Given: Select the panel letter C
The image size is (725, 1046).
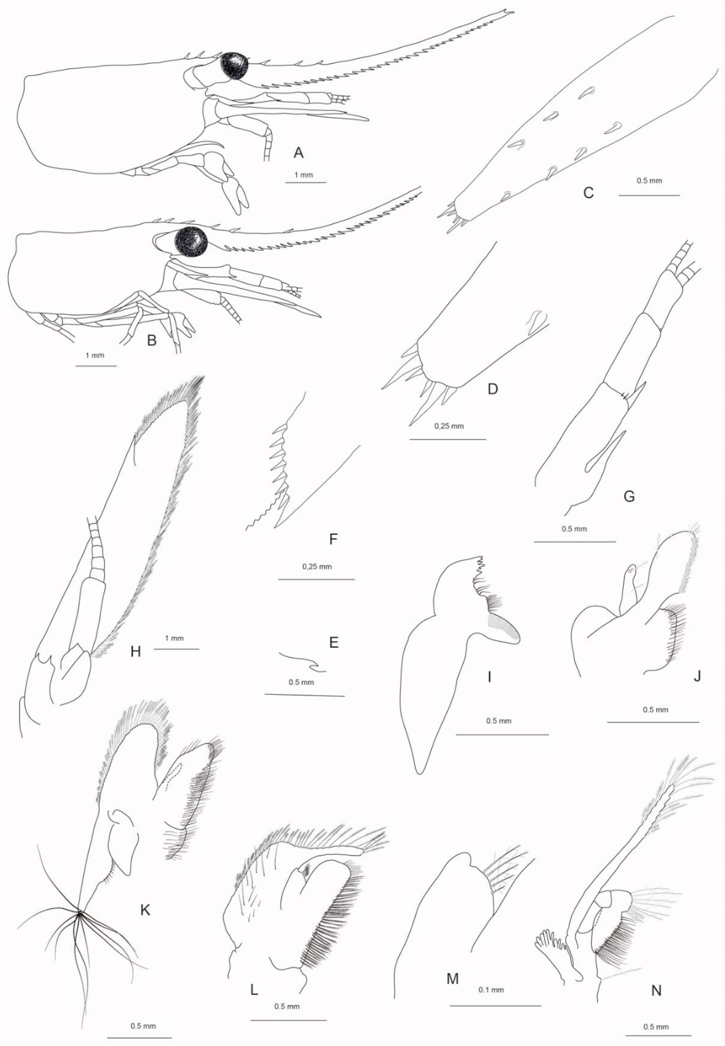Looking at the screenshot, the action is (588, 193).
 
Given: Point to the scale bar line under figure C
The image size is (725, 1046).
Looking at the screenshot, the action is (649, 195).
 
